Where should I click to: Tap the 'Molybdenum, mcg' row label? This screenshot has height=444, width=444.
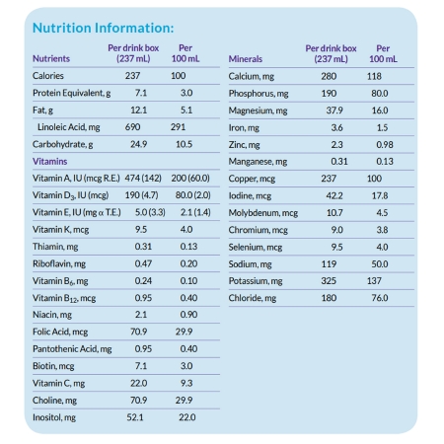(262, 211)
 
